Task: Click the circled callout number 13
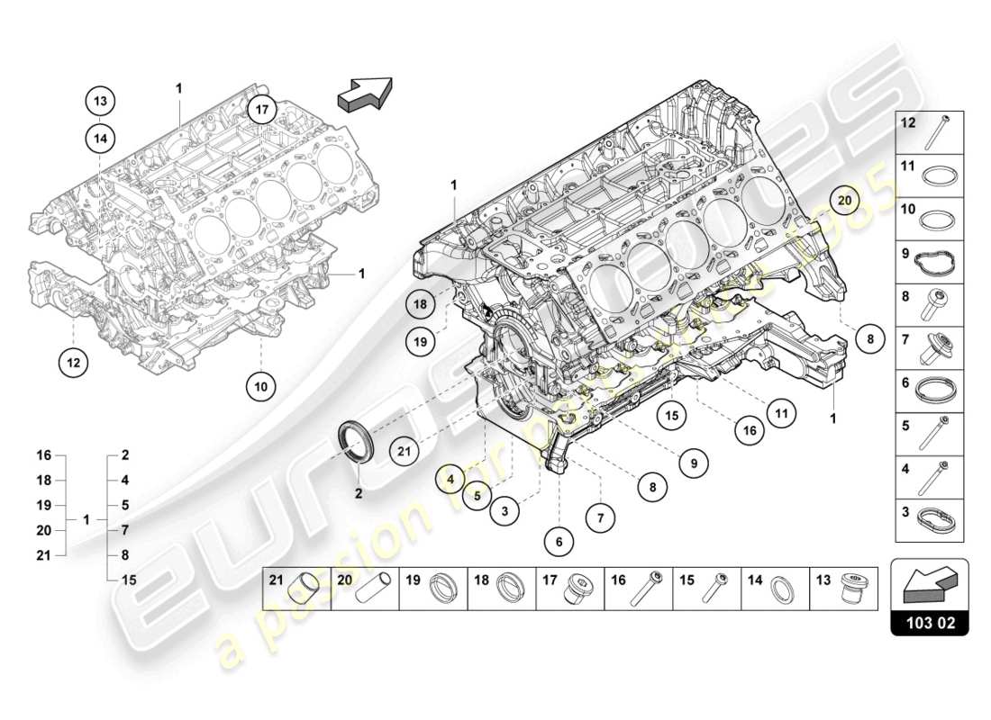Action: tap(101, 101)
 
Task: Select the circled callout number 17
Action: tap(261, 111)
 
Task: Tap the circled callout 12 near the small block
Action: tap(74, 363)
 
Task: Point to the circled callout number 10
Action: tap(260, 386)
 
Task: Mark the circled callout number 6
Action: tap(559, 541)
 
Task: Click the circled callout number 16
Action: tap(749, 431)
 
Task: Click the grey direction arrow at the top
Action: tap(364, 94)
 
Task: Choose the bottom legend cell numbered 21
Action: tap(297, 589)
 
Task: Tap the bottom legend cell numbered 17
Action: tap(571, 589)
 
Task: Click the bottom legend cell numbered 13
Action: tap(845, 589)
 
